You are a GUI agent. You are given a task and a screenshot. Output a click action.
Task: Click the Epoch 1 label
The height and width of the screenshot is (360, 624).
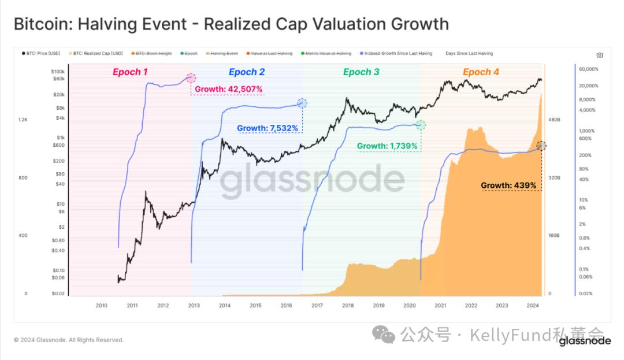pos(130,72)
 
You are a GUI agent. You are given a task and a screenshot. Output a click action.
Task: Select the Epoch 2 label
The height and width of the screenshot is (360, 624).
pos(247,72)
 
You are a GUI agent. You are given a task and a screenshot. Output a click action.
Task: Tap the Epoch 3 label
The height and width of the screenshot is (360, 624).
pos(361,72)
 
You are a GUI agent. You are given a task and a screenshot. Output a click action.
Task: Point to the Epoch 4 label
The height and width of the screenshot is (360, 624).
pos(481,72)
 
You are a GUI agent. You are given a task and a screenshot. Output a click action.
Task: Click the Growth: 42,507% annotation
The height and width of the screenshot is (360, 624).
pos(229,90)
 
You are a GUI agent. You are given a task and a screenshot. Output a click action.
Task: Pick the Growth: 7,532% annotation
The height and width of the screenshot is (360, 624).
pos(268,128)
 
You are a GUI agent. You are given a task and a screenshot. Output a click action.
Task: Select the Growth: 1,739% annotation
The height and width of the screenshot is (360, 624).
pos(387,146)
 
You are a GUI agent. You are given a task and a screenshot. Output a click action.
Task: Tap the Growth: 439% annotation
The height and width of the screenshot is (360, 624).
pos(509,185)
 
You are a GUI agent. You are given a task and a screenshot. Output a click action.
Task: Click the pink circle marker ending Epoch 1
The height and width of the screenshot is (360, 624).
pos(191,78)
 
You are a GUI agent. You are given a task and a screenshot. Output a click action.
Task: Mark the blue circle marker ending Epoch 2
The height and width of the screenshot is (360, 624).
pos(302,103)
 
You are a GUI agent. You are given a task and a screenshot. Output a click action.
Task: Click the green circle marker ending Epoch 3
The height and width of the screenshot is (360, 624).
pos(421,125)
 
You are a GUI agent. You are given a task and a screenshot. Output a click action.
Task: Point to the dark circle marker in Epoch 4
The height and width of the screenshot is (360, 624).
pos(541,146)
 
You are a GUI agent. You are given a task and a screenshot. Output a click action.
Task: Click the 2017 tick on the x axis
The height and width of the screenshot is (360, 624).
pos(317,305)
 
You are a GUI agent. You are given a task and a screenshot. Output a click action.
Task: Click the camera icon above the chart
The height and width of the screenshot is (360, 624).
pos(600,55)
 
